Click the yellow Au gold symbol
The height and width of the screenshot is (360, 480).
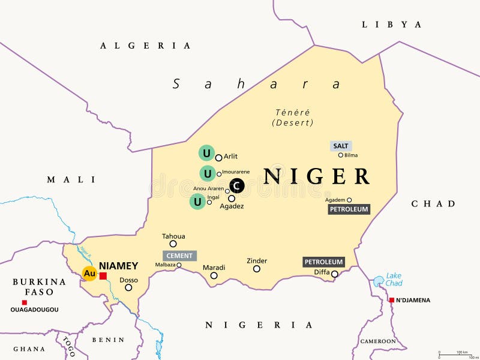pyautogui.click(x=89, y=274)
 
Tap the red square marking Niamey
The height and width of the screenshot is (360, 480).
pyautogui.click(x=103, y=276)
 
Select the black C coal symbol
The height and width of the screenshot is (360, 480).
pyautogui.click(x=236, y=187)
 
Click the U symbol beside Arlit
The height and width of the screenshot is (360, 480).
pyautogui.click(x=206, y=153)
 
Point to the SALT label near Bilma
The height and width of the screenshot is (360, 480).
pyautogui.click(x=340, y=146)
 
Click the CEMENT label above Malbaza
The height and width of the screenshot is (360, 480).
pyautogui.click(x=179, y=256)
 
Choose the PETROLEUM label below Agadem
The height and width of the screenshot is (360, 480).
pyautogui.click(x=349, y=209)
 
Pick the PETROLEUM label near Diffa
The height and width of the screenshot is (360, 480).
pyautogui.click(x=323, y=262)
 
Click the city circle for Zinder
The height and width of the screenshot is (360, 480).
pyautogui.click(x=257, y=269)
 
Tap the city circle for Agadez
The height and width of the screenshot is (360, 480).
pyautogui.click(x=232, y=199)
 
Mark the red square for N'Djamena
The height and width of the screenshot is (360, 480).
pyautogui.click(x=391, y=300)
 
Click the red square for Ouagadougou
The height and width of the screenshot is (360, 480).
pyautogui.click(x=25, y=302)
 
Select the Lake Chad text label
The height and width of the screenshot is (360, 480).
pyautogui.click(x=394, y=279)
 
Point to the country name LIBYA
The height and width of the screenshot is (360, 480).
pyautogui.click(x=392, y=25)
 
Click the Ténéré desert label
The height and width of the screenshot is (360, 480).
pyautogui.click(x=292, y=117)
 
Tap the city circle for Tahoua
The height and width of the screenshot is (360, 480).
pyautogui.click(x=173, y=244)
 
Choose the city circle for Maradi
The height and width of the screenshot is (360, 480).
pyautogui.click(x=214, y=276)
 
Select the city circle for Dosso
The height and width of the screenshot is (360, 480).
pyautogui.click(x=128, y=287)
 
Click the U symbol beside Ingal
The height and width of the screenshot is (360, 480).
pyautogui.click(x=197, y=202)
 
